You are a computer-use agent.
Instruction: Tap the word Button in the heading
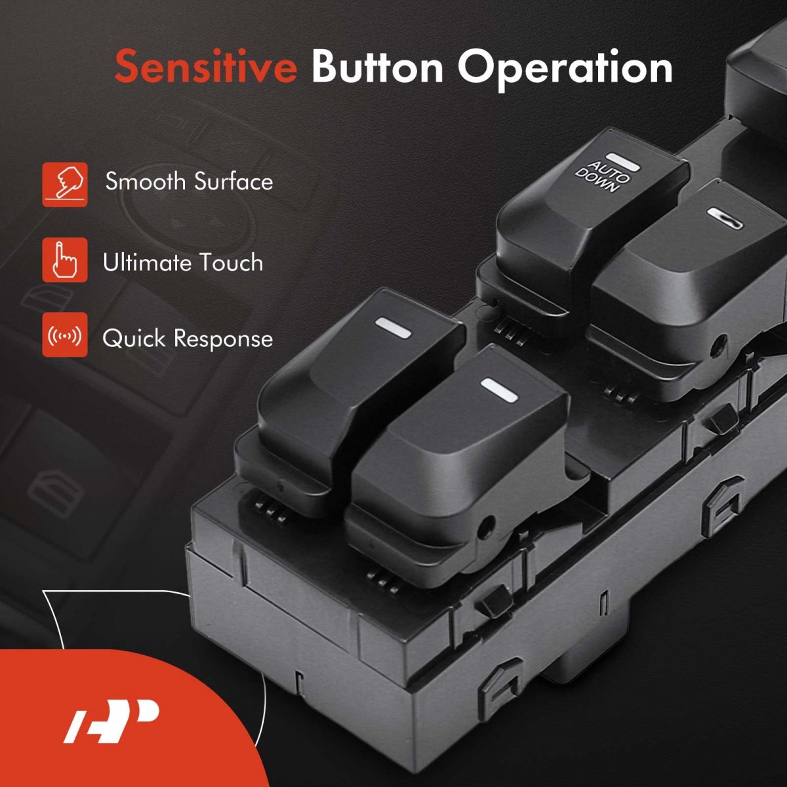377,66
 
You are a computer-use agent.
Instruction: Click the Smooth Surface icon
65,184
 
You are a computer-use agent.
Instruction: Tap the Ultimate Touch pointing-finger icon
65,260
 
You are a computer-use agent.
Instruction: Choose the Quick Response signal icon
65,335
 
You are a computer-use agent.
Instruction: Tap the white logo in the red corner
111,720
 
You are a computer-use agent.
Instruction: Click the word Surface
233,181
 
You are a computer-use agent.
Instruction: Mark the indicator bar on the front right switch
499,389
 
